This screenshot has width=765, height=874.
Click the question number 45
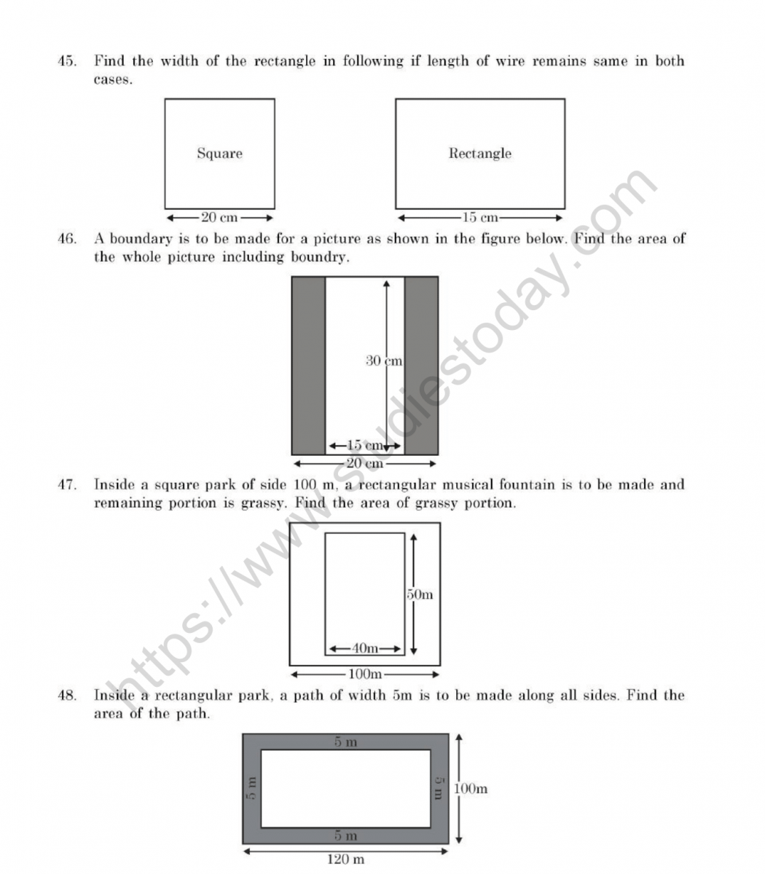tap(67, 61)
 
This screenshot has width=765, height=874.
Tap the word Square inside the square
tap(219, 154)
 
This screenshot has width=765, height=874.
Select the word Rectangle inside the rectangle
tap(479, 154)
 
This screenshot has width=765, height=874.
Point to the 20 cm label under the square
tap(219, 217)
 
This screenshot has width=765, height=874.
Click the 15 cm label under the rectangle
tap(480, 217)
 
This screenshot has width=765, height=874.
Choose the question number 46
tap(67, 238)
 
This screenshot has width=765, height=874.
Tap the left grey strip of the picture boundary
tap(308, 366)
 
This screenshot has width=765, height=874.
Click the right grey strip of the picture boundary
tap(421, 366)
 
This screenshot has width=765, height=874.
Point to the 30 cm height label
tap(384, 360)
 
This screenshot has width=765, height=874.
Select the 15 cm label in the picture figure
tap(364, 446)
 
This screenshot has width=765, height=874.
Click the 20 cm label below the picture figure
tap(364, 463)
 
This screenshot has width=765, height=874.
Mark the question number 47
tap(67, 484)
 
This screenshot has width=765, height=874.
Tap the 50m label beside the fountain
tap(420, 594)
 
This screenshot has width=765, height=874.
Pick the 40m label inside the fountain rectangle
tap(365, 648)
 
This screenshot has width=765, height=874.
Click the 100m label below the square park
tap(365, 673)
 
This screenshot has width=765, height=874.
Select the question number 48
tap(67, 696)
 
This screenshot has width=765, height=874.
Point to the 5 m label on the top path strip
tap(345, 742)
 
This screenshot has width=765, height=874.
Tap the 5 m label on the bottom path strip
tap(345, 835)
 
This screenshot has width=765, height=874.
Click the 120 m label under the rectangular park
tap(346, 859)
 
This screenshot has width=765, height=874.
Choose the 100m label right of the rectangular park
tap(471, 788)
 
